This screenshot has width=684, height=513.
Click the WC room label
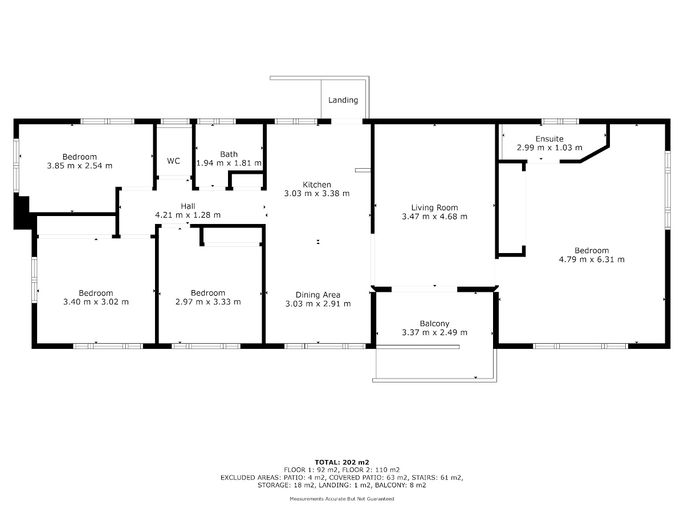[173, 161]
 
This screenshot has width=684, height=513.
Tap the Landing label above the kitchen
[343, 100]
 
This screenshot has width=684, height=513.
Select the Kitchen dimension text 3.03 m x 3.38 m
[316, 193]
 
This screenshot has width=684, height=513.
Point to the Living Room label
[434, 207]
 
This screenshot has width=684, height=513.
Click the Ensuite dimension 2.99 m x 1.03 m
[549, 148]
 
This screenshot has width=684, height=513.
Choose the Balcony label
[434, 324]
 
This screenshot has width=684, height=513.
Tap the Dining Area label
[318, 295]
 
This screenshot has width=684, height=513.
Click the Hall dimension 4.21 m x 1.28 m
[188, 215]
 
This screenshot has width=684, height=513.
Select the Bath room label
[229, 154]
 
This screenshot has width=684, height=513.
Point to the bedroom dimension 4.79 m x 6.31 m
[592, 259]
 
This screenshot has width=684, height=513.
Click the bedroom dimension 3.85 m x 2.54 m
[79, 166]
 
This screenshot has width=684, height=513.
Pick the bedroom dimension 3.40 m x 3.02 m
[96, 302]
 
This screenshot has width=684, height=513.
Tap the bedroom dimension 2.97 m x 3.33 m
[208, 302]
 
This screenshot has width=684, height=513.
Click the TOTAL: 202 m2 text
[342, 462]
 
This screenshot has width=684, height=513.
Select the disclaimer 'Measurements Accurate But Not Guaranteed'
[342, 499]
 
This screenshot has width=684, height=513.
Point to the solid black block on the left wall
[22, 213]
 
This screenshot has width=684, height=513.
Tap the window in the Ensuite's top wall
[560, 121]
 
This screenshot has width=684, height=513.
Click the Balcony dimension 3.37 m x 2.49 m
[434, 333]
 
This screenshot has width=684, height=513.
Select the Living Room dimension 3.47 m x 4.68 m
[434, 217]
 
